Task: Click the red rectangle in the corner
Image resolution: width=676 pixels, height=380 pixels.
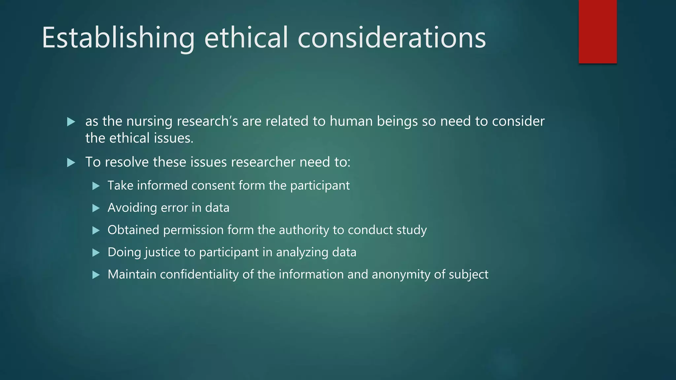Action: coord(597,32)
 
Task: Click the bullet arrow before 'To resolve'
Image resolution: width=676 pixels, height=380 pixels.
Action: coord(71,162)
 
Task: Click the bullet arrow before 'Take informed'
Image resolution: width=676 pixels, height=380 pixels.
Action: coord(96,186)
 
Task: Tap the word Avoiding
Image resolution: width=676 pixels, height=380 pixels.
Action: coord(132,208)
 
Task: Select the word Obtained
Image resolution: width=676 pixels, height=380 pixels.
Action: coord(133,230)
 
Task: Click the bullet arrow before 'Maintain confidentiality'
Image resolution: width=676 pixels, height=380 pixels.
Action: coord(96,275)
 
